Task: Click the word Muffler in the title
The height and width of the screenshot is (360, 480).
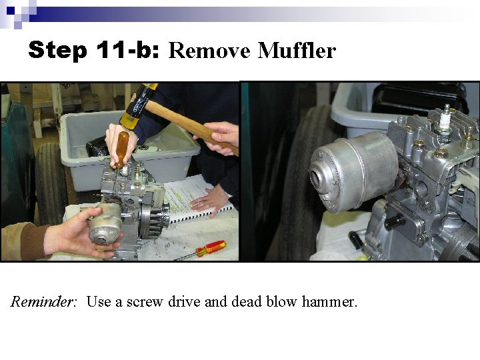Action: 297,51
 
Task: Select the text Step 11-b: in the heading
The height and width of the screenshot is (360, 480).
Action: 94,51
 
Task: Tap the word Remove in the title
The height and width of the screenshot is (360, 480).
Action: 211,51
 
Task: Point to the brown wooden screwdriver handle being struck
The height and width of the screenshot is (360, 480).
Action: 122,149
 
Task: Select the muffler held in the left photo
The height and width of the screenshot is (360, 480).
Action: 105,223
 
